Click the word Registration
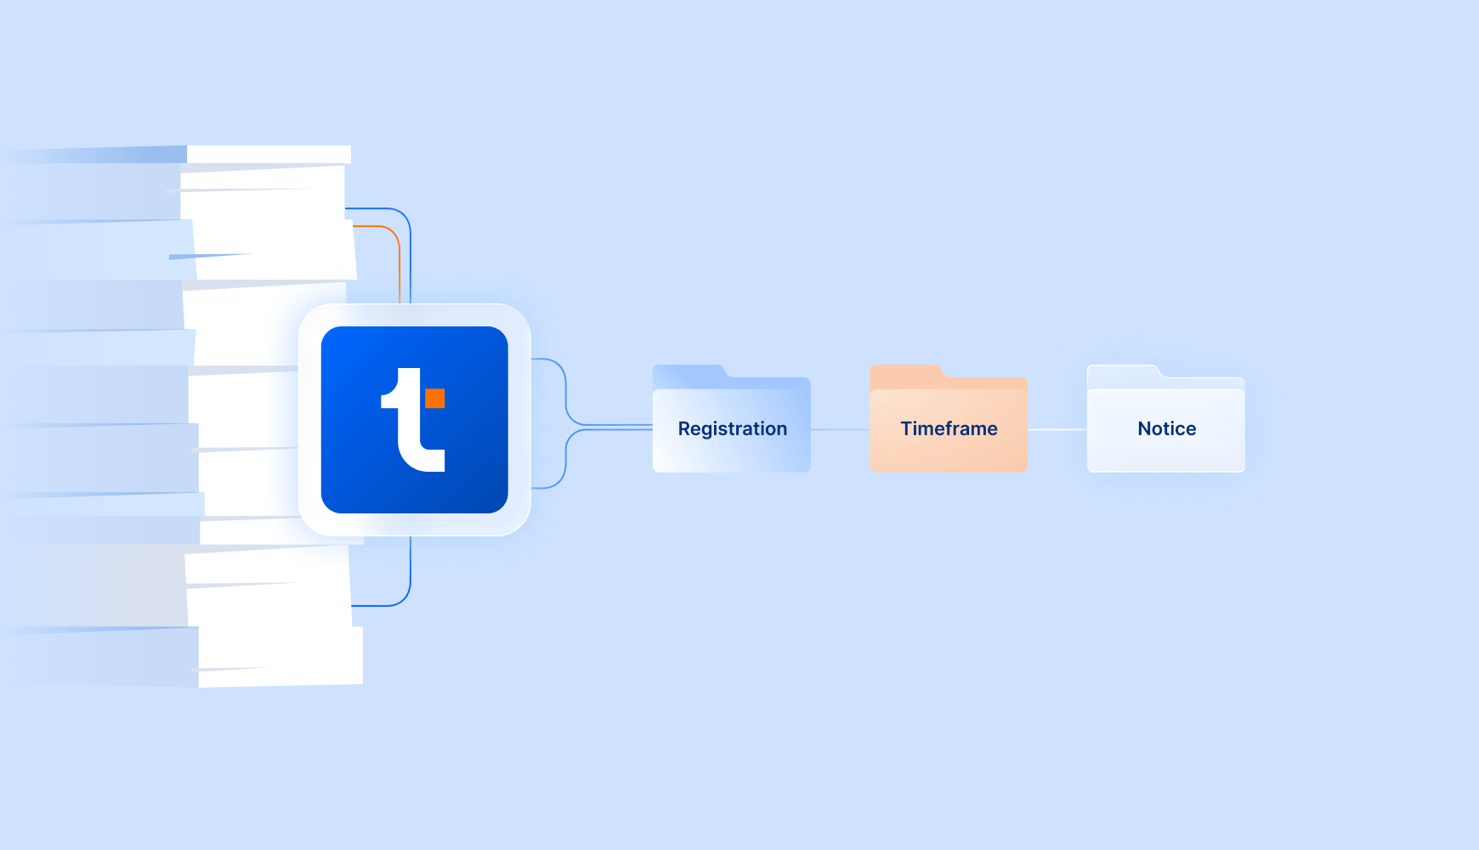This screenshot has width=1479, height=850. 733,429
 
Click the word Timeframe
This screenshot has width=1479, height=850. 949,428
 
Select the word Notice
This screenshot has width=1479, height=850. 1167,428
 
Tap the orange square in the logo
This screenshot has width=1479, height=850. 435,398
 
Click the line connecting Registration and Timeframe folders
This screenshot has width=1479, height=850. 840,429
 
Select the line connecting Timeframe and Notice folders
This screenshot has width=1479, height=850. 1057,429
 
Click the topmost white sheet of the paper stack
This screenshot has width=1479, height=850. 269,154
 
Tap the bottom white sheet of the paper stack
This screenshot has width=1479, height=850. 280,656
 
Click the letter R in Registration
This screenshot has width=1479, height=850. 684,428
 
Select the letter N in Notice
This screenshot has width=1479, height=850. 1145,428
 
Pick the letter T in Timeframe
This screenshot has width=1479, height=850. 907,428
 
